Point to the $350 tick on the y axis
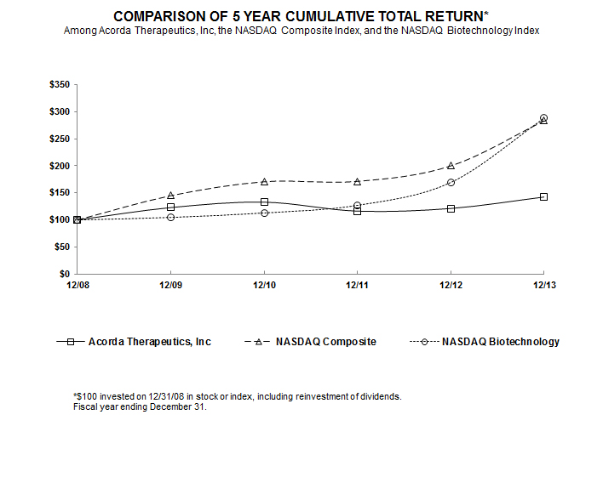[x=61, y=85]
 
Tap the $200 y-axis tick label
[x=61, y=166]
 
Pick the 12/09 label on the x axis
[x=170, y=286]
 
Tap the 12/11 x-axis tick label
[x=357, y=286]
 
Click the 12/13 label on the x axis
[x=543, y=286]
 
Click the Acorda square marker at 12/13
[x=543, y=197]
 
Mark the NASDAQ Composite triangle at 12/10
[x=264, y=181]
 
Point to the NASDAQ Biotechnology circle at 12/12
[x=451, y=183]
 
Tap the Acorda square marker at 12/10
[x=264, y=202]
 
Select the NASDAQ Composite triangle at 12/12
[x=451, y=166]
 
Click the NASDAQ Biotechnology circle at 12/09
[x=170, y=217]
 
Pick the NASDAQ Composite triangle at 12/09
[x=170, y=195]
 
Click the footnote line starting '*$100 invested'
[x=237, y=396]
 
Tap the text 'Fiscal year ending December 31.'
[x=140, y=407]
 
